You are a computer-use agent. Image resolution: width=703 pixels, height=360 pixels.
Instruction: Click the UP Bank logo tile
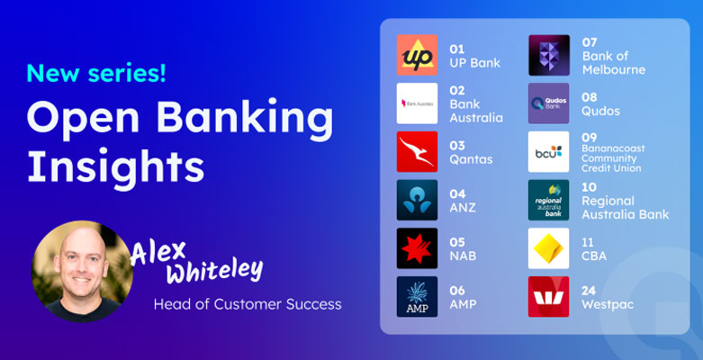417,55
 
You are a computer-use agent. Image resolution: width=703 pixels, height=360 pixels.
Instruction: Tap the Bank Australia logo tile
417,103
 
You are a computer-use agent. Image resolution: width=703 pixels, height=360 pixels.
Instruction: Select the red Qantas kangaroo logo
417,151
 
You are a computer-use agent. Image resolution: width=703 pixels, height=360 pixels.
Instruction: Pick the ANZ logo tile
417,200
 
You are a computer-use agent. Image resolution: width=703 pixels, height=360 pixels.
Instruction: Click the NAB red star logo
417,248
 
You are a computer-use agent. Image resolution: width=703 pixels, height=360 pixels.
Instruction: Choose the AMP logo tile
417,297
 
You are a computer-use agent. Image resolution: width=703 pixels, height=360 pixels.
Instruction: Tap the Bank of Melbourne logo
549,55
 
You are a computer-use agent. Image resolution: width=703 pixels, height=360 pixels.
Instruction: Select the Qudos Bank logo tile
549,103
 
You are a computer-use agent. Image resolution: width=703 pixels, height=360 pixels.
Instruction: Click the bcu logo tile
549,151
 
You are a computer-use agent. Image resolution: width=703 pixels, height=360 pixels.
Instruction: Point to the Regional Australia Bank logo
549,200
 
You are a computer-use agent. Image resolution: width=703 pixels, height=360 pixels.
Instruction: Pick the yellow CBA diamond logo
549,248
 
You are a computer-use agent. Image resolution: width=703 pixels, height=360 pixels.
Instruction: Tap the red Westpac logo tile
549,297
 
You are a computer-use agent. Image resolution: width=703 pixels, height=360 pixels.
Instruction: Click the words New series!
96,73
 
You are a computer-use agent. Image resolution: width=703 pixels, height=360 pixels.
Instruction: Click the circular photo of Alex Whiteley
82,271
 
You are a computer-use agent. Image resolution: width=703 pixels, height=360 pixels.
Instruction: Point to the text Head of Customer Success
248,304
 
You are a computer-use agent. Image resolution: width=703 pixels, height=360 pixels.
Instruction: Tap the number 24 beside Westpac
589,291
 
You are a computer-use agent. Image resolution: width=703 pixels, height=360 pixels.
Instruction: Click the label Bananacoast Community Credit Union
613,158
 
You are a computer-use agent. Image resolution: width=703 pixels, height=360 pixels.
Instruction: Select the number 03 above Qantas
457,146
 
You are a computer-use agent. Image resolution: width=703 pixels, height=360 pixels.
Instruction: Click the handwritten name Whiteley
215,270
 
